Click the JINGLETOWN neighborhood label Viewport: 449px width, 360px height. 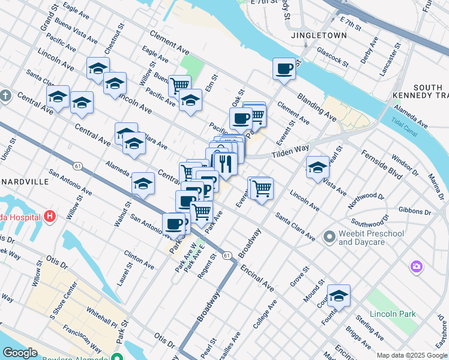[x=319, y=35]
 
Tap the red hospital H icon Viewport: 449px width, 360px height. [x=50, y=216]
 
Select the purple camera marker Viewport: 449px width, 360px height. [x=416, y=266]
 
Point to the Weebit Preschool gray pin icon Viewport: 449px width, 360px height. [x=329, y=238]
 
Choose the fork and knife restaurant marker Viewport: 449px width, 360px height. [x=225, y=163]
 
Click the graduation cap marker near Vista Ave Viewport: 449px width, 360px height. [x=318, y=167]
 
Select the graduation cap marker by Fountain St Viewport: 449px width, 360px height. [x=339, y=295]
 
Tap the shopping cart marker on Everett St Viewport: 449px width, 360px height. [x=261, y=188]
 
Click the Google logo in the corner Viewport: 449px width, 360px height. [x=20, y=353]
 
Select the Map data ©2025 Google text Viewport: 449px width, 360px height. [x=411, y=355]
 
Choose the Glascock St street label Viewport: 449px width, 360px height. [x=333, y=57]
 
